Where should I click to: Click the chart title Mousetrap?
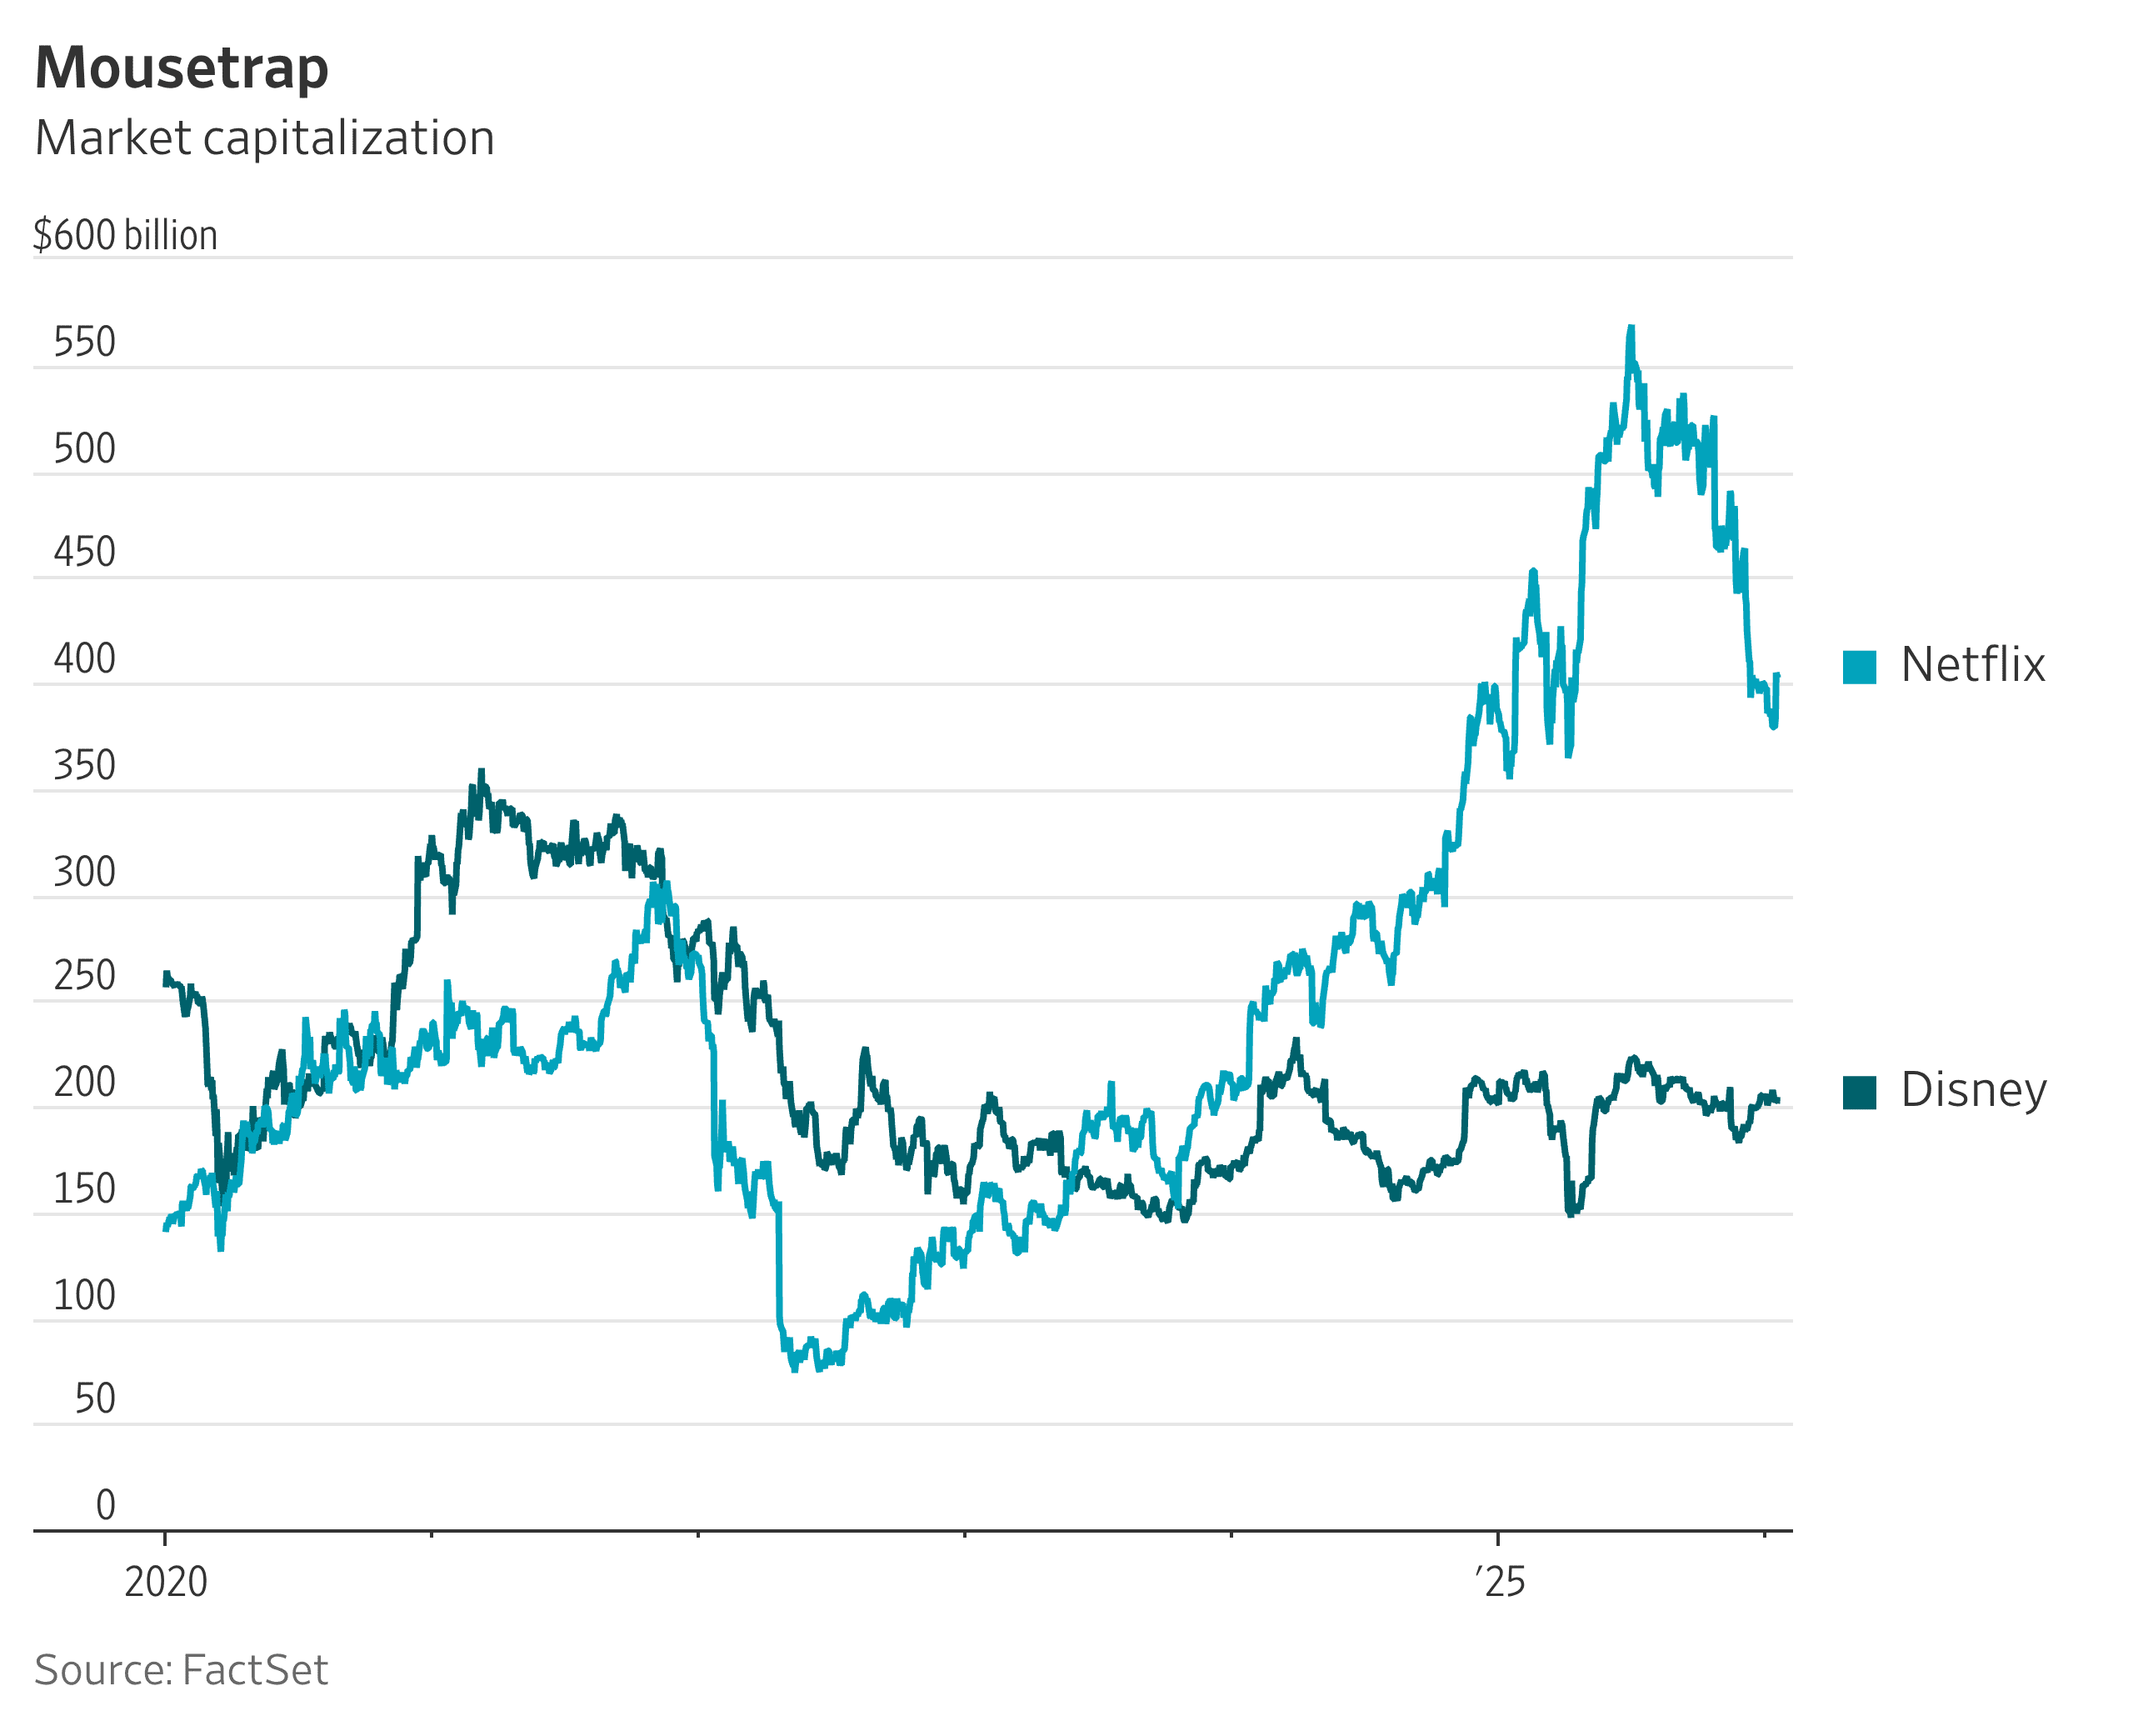tap(182, 68)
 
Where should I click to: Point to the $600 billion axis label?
tap(125, 236)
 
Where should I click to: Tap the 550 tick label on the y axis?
tap(84, 342)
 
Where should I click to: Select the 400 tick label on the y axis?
tap(84, 659)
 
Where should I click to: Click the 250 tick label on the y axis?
tap(84, 977)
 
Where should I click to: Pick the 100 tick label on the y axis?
tap(84, 1296)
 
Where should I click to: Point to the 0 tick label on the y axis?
tap(105, 1505)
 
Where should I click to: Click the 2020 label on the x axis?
tap(166, 1582)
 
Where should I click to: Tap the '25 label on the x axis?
tap(1501, 1582)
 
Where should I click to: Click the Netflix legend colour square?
tap(1860, 668)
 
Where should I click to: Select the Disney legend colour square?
tap(1860, 1093)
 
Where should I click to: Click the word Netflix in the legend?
tap(1972, 665)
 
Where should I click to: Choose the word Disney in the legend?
tap(1973, 1090)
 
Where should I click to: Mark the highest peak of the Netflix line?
tap(1631, 328)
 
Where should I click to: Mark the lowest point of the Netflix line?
tap(794, 1369)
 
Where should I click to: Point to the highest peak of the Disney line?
tap(482, 771)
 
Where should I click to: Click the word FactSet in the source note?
tap(255, 1670)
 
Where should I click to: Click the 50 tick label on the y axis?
tap(95, 1398)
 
